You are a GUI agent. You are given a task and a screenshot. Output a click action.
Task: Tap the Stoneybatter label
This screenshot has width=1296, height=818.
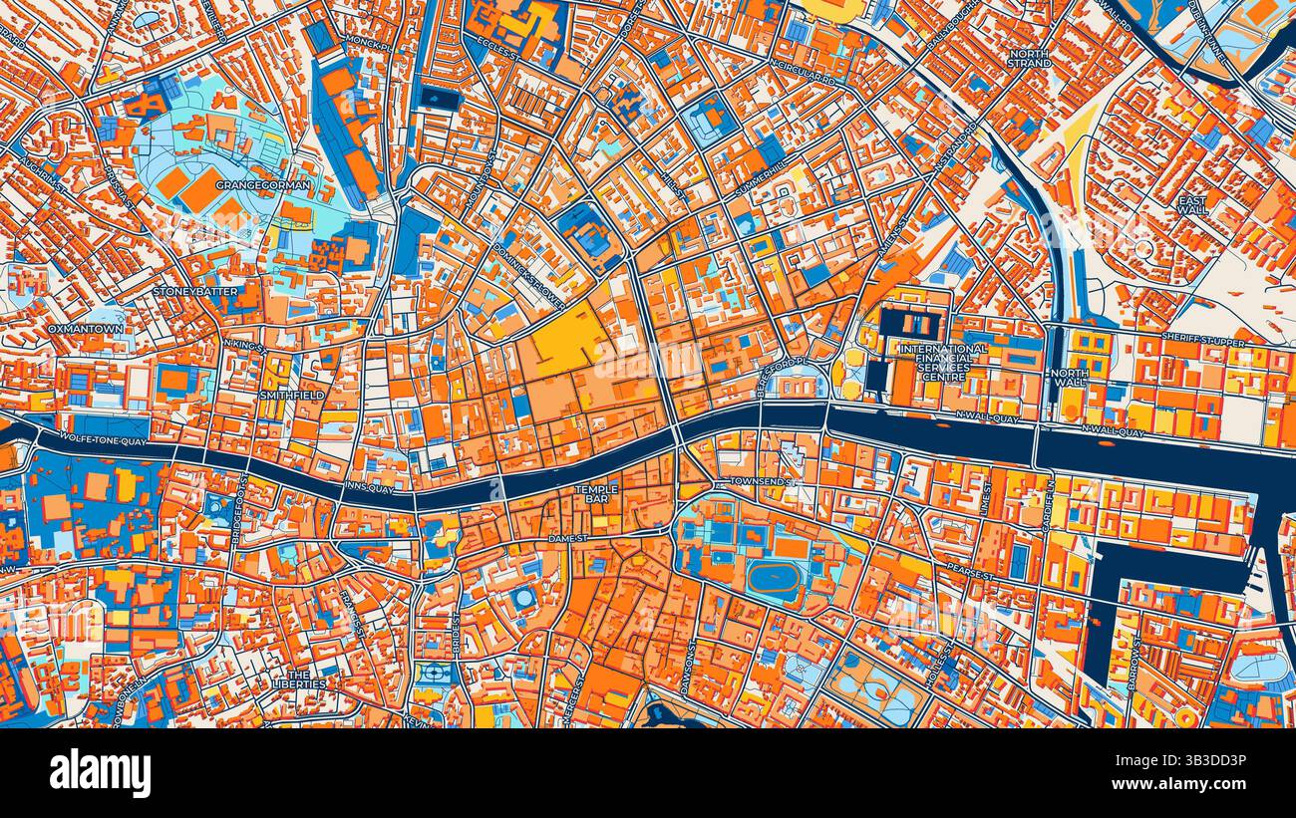click(x=196, y=292)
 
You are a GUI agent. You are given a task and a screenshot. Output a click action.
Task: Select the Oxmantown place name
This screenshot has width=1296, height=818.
click(x=86, y=329)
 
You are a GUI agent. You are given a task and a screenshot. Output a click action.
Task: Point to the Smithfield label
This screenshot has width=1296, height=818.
click(x=292, y=396)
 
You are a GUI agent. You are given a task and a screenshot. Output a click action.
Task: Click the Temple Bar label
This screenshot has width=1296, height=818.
click(x=596, y=495)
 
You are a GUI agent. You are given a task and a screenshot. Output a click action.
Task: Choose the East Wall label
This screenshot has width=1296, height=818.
click(x=1192, y=205)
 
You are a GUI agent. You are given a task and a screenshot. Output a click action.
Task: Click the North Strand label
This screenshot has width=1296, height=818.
click(x=1030, y=59)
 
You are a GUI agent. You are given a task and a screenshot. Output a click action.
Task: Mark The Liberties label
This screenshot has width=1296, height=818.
click(x=299, y=680)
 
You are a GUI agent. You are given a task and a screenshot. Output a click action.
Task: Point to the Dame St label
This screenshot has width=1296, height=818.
click(x=571, y=538)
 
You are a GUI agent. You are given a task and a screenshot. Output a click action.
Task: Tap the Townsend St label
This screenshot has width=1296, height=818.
click(x=762, y=481)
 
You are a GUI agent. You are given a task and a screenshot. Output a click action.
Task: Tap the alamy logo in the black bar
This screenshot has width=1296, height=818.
click(x=100, y=773)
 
